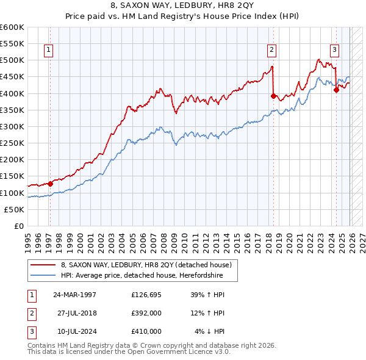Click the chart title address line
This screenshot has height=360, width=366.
tap(182, 5)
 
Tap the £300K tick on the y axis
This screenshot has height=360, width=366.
tap(12, 126)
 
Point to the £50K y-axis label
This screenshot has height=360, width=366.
tap(13, 209)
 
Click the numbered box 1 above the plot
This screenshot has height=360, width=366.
tap(49, 51)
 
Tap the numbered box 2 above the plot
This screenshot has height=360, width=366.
tap(271, 51)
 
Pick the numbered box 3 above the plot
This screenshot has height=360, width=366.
tap(335, 51)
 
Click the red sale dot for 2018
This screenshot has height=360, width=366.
tap(273, 96)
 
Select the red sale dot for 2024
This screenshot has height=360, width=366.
tap(336, 90)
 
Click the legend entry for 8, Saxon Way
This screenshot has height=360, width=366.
tap(146, 265)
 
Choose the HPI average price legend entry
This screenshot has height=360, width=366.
tap(142, 275)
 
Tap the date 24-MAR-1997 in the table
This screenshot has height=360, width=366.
tap(75, 295)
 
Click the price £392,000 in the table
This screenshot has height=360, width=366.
tap(146, 313)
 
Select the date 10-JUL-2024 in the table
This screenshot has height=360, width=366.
tap(74, 331)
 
